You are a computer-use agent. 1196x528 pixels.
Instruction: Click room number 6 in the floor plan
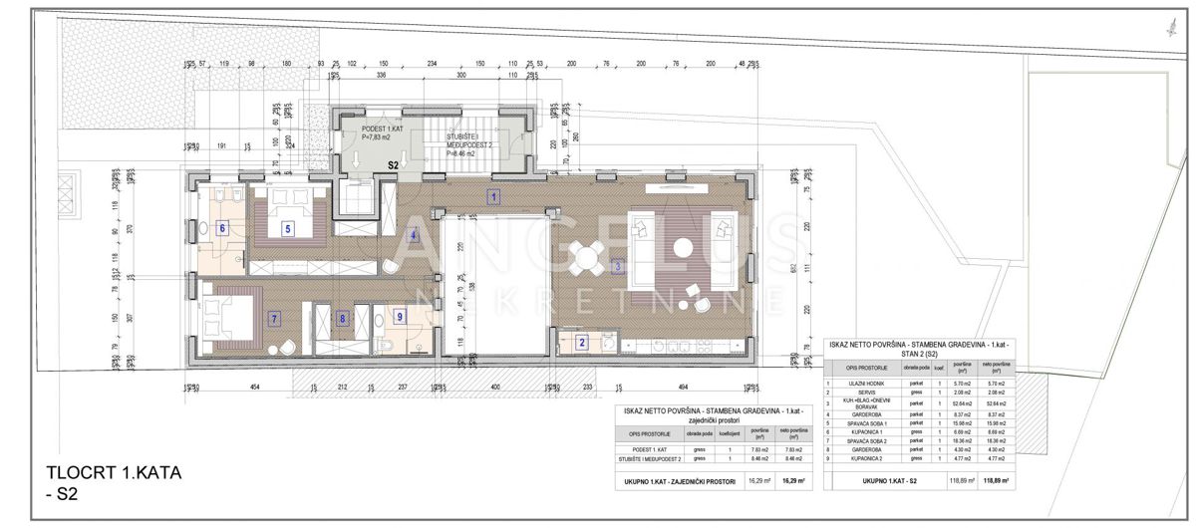pyautogui.click(x=222, y=229)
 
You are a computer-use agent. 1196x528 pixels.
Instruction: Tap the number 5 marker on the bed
pyautogui.click(x=287, y=229)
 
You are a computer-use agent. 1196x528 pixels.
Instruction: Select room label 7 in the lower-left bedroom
pyautogui.click(x=274, y=319)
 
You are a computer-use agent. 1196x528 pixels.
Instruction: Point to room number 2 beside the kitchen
pyautogui.click(x=582, y=344)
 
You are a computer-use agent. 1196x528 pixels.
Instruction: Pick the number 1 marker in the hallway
pyautogui.click(x=493, y=197)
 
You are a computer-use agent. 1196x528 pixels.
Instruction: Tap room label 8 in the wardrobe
pyautogui.click(x=343, y=320)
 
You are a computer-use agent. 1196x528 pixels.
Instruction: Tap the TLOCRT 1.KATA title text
pyautogui.click(x=114, y=474)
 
